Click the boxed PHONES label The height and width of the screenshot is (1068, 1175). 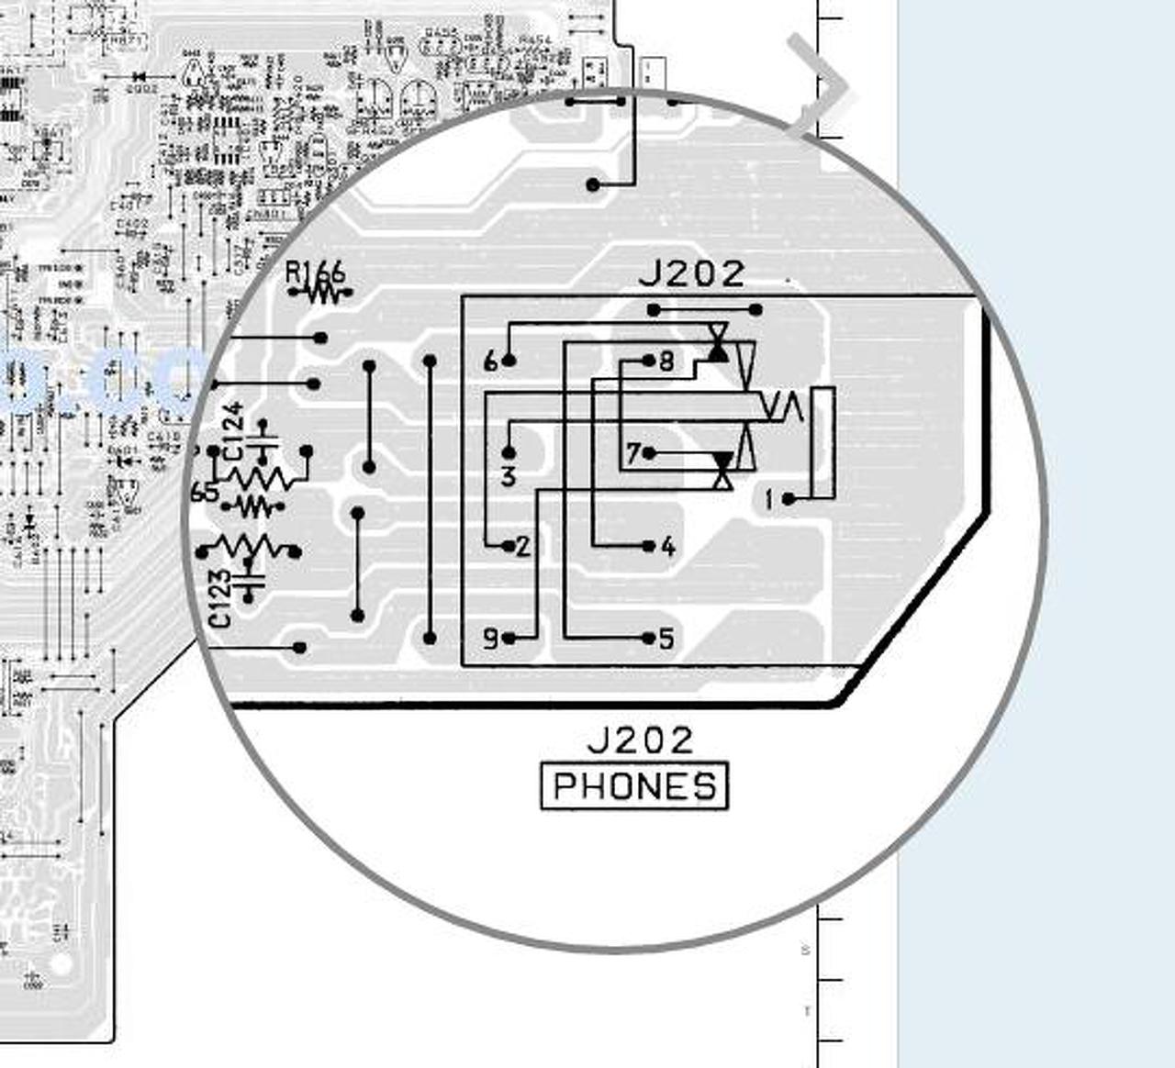point(634,786)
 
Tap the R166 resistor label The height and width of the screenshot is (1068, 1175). point(315,273)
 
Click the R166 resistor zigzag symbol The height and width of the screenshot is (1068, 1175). point(320,294)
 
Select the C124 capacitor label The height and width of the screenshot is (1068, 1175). point(233,430)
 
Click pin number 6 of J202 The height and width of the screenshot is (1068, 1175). point(490,362)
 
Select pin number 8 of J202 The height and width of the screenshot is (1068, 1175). point(666,361)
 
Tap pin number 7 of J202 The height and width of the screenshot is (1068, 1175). point(632,453)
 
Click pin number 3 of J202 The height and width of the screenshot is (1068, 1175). point(509,476)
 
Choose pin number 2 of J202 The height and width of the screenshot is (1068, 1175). point(523,547)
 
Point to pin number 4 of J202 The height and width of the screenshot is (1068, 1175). point(667,547)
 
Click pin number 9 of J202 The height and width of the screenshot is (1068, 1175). point(490,638)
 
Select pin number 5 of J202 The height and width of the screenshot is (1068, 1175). point(667,638)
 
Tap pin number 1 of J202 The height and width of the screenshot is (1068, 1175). point(769,499)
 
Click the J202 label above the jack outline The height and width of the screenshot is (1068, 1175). point(691,273)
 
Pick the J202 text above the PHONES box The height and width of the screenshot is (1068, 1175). point(640,740)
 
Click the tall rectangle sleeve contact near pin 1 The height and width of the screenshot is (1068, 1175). point(822,442)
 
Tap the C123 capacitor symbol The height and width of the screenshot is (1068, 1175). point(248,581)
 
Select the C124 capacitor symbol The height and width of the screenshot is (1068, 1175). point(265,441)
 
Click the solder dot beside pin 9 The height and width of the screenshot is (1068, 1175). point(509,638)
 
